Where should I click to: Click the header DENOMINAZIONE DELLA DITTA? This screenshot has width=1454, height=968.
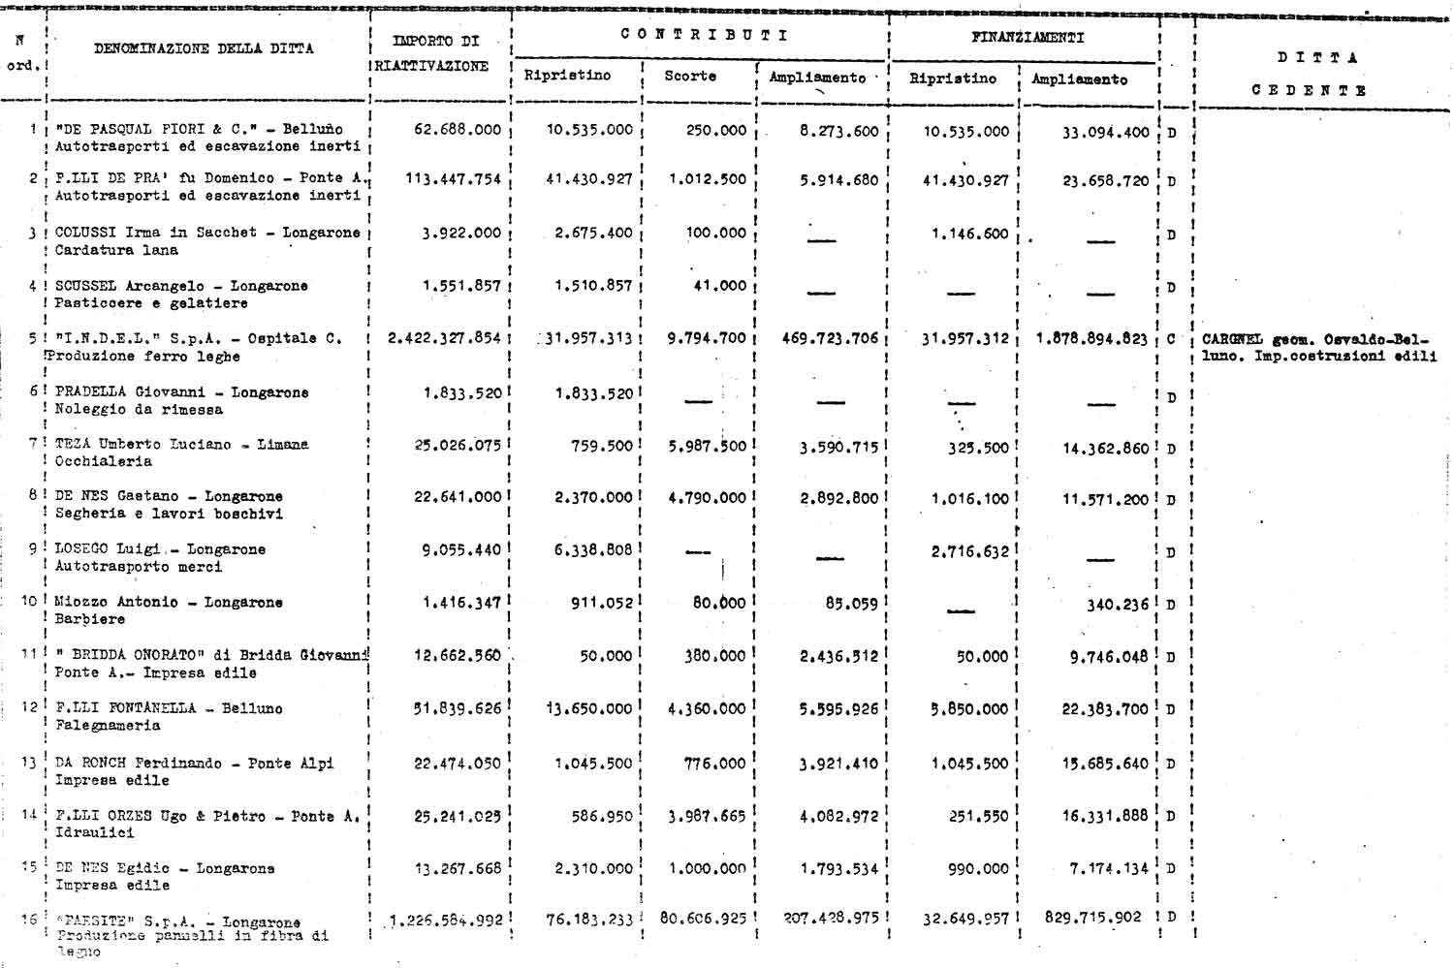(x=204, y=48)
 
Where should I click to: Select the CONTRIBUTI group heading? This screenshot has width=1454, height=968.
(x=704, y=35)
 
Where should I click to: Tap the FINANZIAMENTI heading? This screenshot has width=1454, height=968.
(x=1027, y=38)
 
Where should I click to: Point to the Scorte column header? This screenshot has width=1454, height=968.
(x=690, y=76)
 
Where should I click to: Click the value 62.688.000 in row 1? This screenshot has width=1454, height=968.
(x=458, y=130)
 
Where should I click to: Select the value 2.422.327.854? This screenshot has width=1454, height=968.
(x=444, y=338)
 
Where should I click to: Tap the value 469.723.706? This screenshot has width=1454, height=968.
(x=830, y=338)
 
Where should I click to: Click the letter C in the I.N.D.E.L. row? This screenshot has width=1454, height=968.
(x=1171, y=339)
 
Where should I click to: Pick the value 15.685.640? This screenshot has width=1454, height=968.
(x=1105, y=764)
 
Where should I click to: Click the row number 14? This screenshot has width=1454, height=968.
(x=29, y=815)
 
